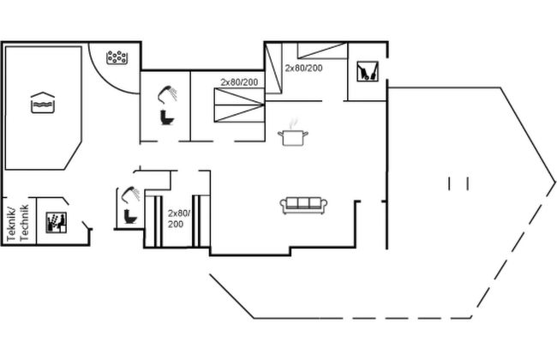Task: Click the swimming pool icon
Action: click(x=43, y=103)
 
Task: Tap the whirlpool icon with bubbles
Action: click(x=117, y=57)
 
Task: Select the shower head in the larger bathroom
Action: click(x=167, y=93)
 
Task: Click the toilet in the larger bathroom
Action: click(x=167, y=117)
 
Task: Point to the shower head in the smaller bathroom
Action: click(x=131, y=194)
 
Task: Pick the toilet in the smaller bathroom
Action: click(x=130, y=217)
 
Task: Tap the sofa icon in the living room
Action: click(x=303, y=206)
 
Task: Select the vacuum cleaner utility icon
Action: click(x=368, y=71)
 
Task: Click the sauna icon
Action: click(x=56, y=223)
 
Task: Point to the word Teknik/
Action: click(x=11, y=225)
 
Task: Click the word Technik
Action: click(x=24, y=223)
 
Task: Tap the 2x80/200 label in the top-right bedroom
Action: click(x=303, y=68)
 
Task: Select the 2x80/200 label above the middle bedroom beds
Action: click(x=239, y=82)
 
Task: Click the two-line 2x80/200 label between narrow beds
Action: click(x=179, y=219)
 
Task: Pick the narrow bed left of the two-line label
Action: click(x=153, y=221)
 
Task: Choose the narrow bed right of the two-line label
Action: click(x=201, y=221)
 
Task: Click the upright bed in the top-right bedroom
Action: click(x=273, y=68)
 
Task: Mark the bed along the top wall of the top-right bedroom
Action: click(x=322, y=51)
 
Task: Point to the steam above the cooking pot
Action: click(x=293, y=124)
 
